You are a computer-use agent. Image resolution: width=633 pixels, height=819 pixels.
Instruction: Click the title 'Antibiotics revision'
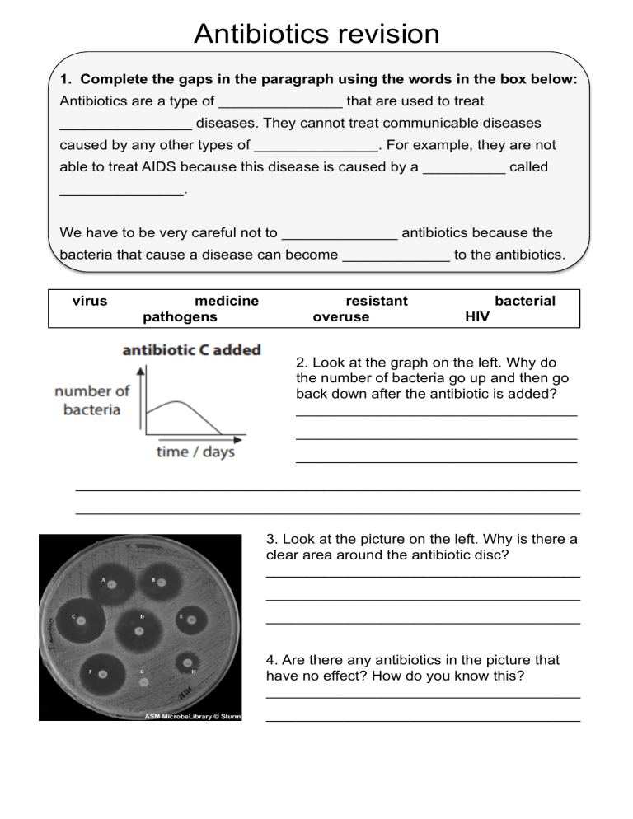[x=316, y=34]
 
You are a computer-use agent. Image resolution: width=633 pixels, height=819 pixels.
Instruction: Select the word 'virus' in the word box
[x=90, y=301]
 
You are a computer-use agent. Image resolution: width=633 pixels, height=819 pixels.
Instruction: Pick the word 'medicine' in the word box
[x=227, y=301]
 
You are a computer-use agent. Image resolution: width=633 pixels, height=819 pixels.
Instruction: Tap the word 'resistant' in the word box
[x=377, y=301]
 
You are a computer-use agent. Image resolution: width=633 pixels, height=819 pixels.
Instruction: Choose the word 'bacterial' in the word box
[x=525, y=301]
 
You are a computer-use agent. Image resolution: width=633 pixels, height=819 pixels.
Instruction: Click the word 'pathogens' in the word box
[x=180, y=316]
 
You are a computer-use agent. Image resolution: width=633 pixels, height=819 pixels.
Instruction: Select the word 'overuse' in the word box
[x=341, y=316]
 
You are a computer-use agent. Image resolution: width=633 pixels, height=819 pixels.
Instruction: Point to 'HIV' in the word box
[x=477, y=316]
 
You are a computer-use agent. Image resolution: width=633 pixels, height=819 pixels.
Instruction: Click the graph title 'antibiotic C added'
[x=191, y=349]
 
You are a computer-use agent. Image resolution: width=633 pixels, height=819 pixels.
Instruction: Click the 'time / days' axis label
[x=196, y=452]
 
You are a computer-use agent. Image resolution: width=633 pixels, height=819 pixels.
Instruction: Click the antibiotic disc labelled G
[x=143, y=682]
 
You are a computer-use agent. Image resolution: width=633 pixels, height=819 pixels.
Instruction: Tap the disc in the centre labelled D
[x=138, y=630]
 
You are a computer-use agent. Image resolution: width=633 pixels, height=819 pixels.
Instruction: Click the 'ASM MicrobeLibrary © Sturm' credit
[x=192, y=716]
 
